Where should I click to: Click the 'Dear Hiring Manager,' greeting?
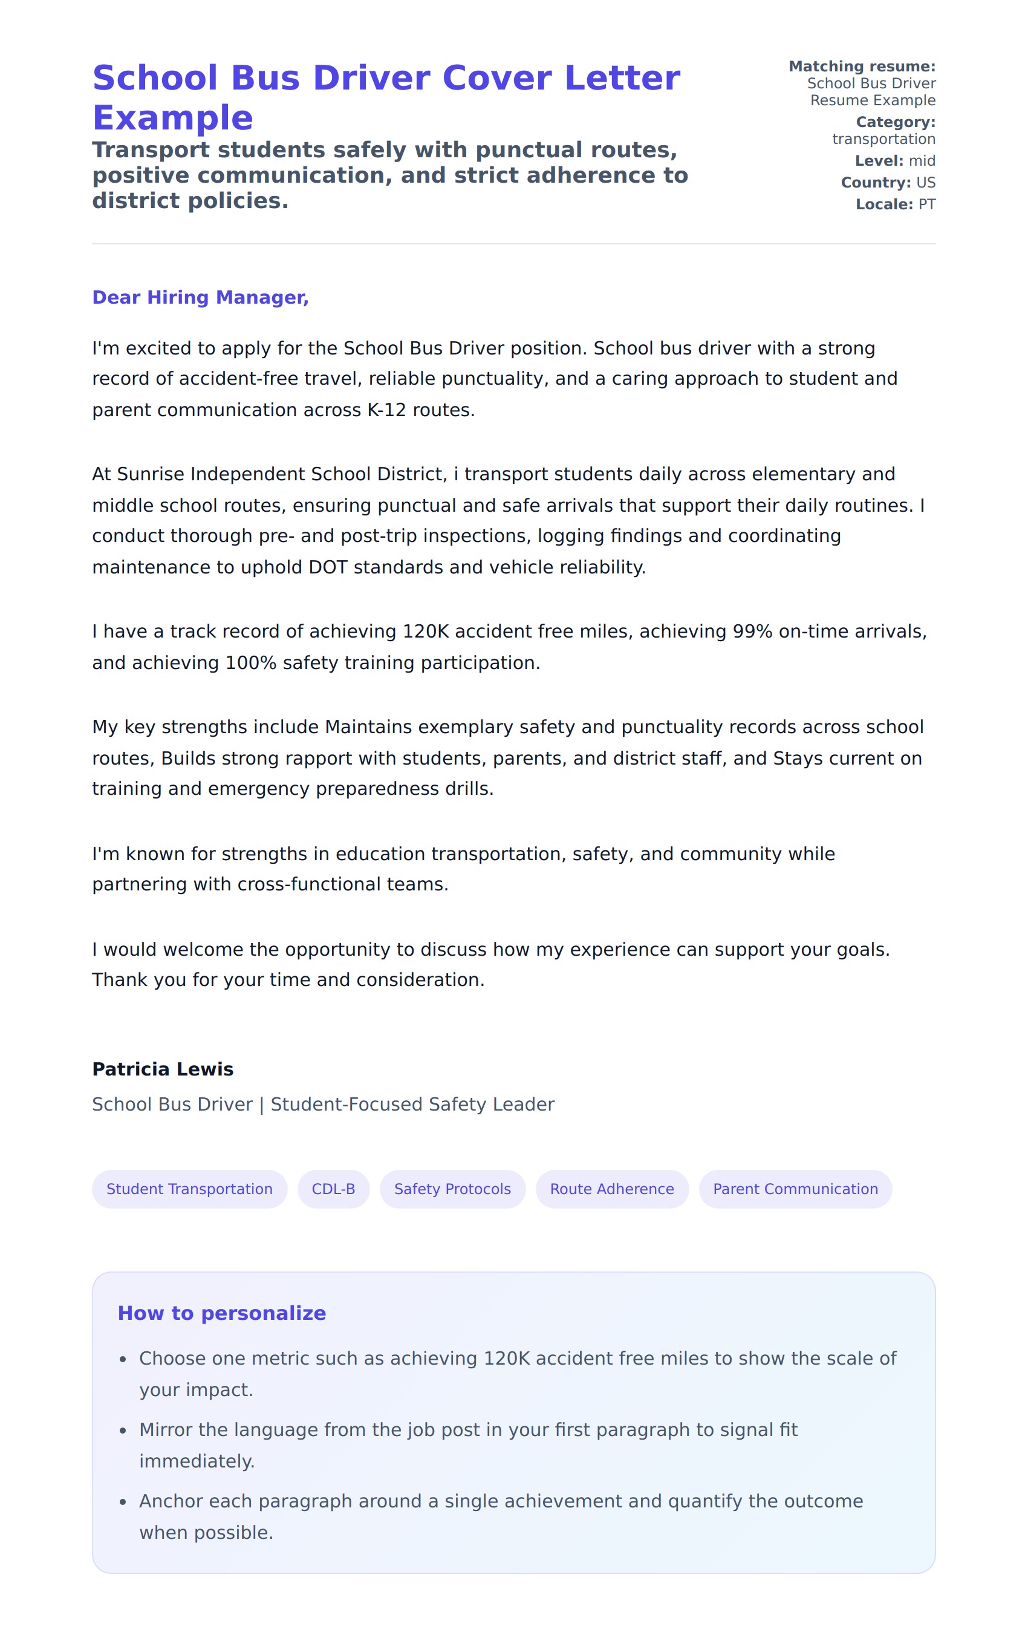(200, 297)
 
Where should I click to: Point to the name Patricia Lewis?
(163, 1069)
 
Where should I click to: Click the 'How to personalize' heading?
(221, 1313)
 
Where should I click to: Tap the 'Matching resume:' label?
(861, 67)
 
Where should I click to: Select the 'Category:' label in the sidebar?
(895, 122)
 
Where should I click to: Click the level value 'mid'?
(922, 161)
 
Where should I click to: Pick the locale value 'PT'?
(926, 204)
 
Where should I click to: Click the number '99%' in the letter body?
(752, 631)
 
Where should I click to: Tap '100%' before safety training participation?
(251, 662)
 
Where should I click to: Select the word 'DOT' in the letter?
(328, 567)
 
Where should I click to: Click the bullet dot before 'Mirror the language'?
(123, 1430)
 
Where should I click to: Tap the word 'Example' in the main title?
(173, 118)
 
